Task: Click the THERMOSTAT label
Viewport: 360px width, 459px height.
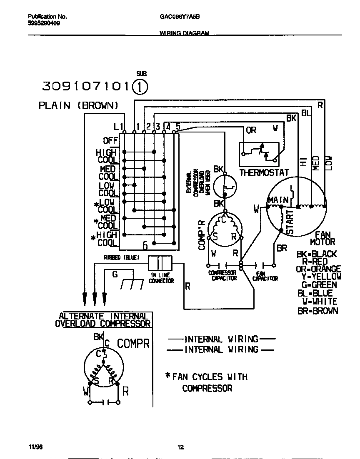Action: [x=264, y=172]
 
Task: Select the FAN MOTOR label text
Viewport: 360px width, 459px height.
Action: [x=322, y=238]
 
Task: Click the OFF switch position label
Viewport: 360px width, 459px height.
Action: [x=110, y=141]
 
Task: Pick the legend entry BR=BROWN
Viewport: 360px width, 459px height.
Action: [x=317, y=311]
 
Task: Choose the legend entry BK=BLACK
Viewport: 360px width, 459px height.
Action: [x=317, y=254]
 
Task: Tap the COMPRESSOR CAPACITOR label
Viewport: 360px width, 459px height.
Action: [x=223, y=276]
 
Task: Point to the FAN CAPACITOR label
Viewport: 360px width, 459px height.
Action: [x=265, y=276]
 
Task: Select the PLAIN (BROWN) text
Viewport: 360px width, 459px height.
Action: [x=79, y=105]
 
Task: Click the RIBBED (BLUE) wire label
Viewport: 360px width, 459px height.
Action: [x=121, y=257]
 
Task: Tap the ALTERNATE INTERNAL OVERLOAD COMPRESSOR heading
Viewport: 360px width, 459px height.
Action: [x=103, y=320]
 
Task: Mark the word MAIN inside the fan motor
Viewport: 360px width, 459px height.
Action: [x=278, y=200]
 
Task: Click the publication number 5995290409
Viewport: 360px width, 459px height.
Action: [x=44, y=24]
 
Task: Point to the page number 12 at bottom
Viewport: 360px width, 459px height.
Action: [x=180, y=447]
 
